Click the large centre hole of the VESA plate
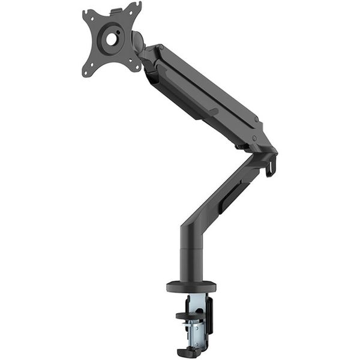coord(112,39)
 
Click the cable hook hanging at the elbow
coord(271,166)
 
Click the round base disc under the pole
coord(191,286)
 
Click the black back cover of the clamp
coord(209,315)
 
